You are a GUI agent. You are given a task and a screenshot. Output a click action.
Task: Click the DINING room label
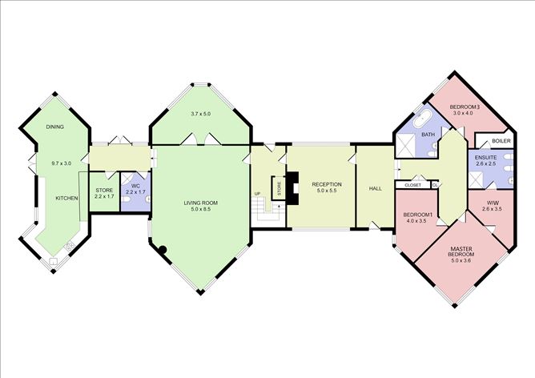55,127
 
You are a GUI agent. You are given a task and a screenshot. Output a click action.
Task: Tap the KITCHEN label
67,199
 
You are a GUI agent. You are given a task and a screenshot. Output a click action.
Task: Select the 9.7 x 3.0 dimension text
62,163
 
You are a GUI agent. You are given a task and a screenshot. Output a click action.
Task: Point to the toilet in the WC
147,199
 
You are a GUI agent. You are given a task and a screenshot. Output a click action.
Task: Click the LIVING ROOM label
200,203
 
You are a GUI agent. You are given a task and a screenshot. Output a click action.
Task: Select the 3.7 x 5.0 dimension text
200,114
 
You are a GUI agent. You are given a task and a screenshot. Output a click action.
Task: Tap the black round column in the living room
163,250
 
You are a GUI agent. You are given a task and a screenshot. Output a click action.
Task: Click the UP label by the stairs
257,194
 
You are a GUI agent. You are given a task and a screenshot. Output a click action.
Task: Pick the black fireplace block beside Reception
292,188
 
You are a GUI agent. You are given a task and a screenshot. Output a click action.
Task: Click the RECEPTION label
327,184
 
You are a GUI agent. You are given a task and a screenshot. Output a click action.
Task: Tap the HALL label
376,188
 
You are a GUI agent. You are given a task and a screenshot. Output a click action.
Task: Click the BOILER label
501,141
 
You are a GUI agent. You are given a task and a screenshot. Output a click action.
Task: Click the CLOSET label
412,185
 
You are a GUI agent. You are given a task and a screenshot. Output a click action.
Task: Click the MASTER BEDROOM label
461,251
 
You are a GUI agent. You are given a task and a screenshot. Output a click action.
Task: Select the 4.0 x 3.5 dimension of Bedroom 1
417,221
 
